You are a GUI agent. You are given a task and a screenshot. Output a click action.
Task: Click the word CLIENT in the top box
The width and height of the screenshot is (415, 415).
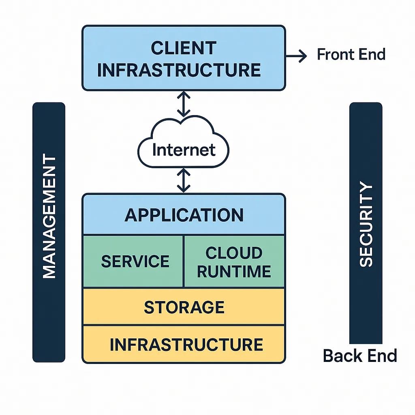[x=183, y=48]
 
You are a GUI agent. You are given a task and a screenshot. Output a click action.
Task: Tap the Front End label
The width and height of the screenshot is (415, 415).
[x=351, y=54]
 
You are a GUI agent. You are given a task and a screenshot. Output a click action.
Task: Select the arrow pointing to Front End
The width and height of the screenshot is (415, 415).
[x=297, y=56]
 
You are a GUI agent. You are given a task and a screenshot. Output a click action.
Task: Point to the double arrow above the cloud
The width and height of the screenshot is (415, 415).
[x=184, y=104]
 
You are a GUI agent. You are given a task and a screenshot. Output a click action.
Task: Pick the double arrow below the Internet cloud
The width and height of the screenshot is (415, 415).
[x=184, y=180]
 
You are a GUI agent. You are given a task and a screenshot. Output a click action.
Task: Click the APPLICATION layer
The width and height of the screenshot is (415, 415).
[x=184, y=215]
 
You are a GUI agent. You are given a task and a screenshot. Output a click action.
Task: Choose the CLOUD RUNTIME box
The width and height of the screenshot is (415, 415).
[x=234, y=261]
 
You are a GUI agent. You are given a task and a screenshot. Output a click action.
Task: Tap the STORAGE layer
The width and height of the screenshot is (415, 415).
[x=184, y=307]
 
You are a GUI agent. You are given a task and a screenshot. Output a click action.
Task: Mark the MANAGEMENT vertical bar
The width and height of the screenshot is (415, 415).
[x=49, y=232]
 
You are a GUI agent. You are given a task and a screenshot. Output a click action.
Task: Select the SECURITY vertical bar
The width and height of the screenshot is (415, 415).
[x=366, y=223]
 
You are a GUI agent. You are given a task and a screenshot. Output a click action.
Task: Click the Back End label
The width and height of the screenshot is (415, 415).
[x=360, y=356]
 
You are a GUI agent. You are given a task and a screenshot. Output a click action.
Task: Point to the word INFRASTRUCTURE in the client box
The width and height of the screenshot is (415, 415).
[x=179, y=70]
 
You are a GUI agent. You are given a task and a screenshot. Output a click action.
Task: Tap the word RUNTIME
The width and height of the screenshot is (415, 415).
[x=234, y=272]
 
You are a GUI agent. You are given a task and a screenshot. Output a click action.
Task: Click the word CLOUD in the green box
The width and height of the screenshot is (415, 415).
[x=234, y=253]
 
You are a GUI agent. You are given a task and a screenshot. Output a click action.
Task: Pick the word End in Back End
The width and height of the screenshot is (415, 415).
[x=381, y=356]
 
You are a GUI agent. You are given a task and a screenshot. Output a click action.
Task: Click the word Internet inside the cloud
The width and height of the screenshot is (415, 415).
[x=184, y=150]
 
